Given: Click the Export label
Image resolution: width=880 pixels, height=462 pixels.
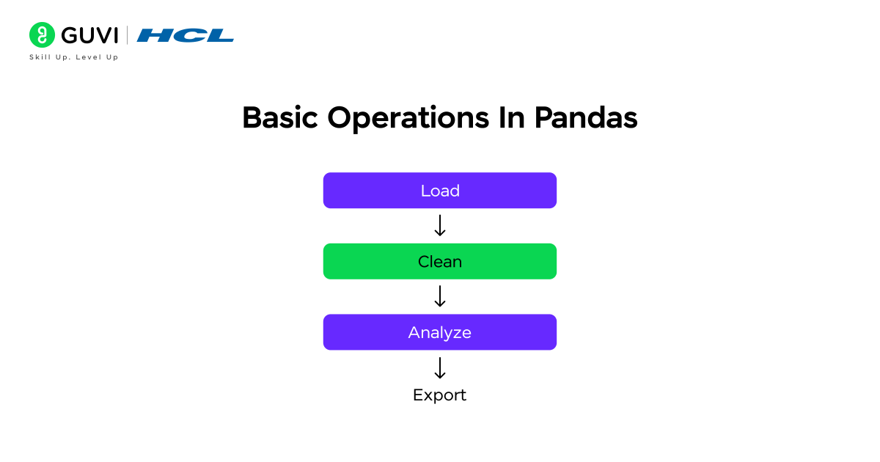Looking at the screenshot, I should click(439, 395).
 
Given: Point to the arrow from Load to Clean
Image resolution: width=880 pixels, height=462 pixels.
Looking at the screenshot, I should click(440, 226).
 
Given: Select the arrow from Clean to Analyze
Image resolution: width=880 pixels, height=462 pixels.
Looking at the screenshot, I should click(440, 296).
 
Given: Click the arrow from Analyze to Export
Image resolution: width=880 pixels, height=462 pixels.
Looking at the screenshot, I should click(440, 367).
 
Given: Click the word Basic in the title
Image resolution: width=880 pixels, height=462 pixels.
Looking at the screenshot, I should click(280, 118).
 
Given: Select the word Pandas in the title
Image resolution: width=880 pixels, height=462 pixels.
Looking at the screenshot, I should click(586, 118).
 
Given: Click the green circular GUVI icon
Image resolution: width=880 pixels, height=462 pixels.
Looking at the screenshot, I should click(42, 35).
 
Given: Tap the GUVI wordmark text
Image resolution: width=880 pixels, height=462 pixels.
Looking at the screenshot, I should click(89, 35).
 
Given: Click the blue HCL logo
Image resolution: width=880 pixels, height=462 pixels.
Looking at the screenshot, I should click(186, 35).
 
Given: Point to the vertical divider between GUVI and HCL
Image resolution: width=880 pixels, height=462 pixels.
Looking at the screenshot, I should click(128, 35).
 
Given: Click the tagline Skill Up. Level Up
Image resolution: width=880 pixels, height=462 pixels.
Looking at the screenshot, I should click(73, 57).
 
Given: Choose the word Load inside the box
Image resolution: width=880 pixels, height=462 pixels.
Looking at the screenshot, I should click(440, 191).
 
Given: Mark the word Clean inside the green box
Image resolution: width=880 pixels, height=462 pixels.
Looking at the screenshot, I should click(440, 262).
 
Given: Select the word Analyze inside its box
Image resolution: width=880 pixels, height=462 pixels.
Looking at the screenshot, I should click(440, 333).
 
